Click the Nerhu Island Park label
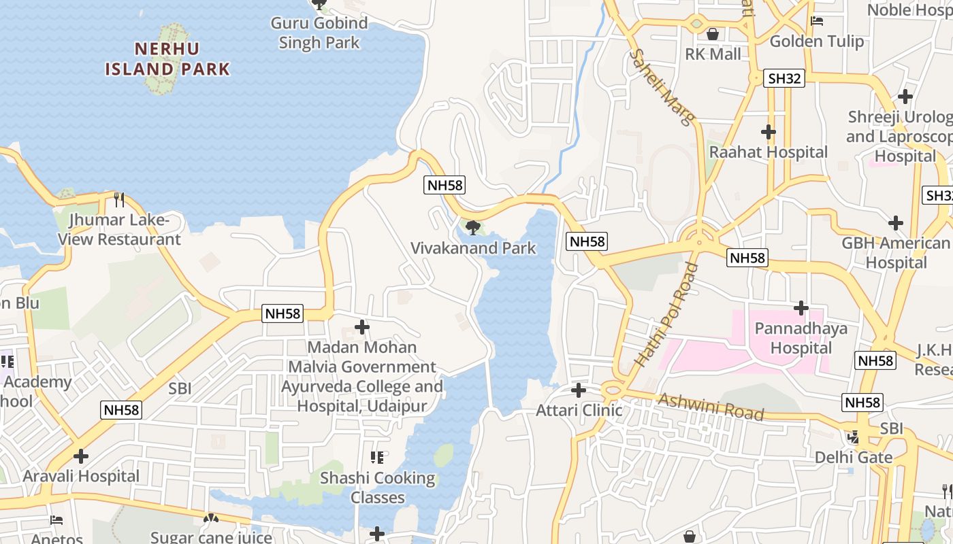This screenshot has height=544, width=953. coord(167,59)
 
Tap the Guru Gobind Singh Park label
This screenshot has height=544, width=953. coord(319,33)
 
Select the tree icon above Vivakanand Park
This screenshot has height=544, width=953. coord(473,227)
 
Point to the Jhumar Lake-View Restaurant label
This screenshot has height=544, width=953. coord(119,230)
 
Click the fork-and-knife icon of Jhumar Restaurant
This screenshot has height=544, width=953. coord(119,199)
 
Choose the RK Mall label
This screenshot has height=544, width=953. coord(713,54)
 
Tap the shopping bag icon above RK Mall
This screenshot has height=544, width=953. coord(713,33)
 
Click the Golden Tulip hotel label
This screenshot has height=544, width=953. coord(816,41)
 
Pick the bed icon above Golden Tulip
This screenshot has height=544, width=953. coord(817,21)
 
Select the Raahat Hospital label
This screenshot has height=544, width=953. coord(769,152)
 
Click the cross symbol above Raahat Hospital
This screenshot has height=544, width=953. coord(769,132)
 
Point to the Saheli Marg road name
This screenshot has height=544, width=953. coord(662,87)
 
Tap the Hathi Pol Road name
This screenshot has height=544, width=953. coord(667,315)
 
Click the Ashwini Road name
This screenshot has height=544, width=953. coord(711,406)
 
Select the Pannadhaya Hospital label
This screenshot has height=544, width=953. coord(801,339)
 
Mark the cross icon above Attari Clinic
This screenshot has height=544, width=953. coord(579,390)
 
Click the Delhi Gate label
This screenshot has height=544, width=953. coord(854,457)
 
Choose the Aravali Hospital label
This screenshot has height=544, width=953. coord(81,476)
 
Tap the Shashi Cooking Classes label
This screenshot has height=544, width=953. coord(378,488)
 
